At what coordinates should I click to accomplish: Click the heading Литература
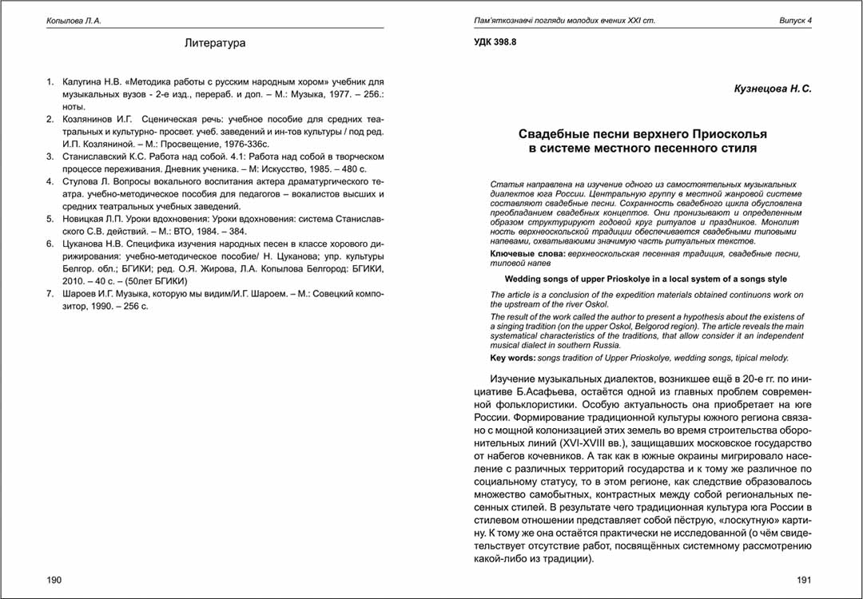[214, 43]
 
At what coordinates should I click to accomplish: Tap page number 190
[54, 580]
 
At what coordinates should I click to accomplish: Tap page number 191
[804, 580]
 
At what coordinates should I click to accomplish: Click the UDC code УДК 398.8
[495, 42]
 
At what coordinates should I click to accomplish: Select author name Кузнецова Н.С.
[773, 89]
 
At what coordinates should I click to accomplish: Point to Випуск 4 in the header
[795, 20]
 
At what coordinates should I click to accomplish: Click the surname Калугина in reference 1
[83, 81]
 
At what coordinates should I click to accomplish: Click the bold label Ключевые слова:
[527, 253]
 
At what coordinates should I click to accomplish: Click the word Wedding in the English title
[523, 279]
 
